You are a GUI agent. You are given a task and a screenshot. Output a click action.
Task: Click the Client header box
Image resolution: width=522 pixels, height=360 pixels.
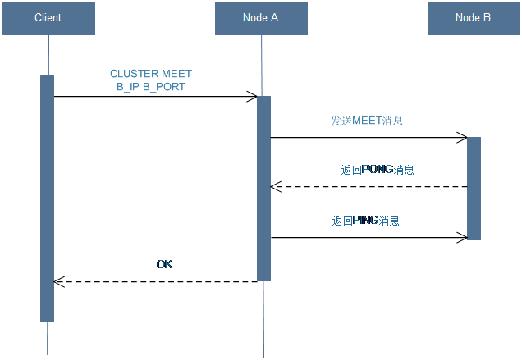[48, 18]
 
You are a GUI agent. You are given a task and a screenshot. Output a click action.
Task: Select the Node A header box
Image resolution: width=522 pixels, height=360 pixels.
[261, 18]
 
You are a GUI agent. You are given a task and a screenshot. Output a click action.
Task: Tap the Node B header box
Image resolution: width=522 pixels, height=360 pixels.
[474, 18]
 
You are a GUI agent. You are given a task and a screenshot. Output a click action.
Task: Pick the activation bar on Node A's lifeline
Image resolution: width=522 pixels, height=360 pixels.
[263, 189]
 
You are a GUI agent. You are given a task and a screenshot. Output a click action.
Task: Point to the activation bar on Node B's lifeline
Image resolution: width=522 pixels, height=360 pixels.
[474, 188]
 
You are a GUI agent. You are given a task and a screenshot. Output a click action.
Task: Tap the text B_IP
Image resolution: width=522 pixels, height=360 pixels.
[130, 86]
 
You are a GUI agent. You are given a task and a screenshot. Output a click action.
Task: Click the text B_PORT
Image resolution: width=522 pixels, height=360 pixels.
[171, 86]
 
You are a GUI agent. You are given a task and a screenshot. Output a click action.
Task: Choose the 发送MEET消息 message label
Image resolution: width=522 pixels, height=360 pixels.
[366, 121]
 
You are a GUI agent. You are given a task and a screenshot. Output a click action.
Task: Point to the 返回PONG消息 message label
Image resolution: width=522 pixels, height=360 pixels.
[378, 171]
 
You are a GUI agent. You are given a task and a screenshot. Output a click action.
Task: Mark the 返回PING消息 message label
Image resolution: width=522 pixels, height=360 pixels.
[366, 221]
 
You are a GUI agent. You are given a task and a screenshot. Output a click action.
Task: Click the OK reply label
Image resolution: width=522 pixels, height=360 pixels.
[164, 264]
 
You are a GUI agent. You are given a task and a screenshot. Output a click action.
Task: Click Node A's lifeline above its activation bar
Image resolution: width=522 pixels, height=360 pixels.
[263, 66]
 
